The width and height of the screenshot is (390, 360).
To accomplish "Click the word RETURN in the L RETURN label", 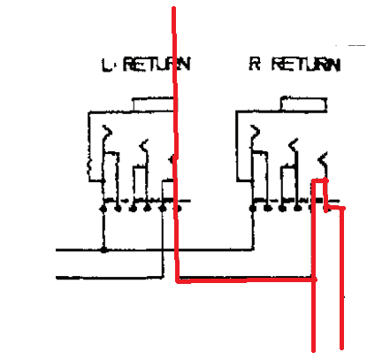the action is [157, 64].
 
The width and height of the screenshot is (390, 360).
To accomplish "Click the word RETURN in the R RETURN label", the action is [306, 64].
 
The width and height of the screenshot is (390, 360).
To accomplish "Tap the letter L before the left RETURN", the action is [107, 65].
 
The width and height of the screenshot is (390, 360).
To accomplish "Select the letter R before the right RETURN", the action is [255, 64].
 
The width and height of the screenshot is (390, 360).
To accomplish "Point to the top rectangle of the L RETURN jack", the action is [153, 104].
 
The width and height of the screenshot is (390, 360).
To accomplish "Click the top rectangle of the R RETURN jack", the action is [303, 103].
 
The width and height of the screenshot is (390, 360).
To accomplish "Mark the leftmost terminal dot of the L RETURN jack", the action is [103, 209].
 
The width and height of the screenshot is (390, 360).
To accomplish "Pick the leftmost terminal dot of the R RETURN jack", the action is [253, 209].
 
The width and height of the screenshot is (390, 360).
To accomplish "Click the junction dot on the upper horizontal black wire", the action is [103, 249].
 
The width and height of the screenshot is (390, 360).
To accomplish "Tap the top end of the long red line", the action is [174, 8].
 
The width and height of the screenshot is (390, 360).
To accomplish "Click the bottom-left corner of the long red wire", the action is [178, 280].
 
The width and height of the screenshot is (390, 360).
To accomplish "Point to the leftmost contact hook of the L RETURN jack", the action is [106, 132].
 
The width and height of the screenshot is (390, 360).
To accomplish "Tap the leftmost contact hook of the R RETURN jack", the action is [255, 132].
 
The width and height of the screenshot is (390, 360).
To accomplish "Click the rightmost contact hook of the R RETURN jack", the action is [323, 158].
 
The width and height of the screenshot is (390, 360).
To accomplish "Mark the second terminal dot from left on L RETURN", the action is [118, 209].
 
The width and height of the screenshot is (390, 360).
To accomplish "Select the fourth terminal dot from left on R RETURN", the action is [298, 209].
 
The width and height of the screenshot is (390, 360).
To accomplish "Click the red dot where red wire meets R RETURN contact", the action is [325, 180].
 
